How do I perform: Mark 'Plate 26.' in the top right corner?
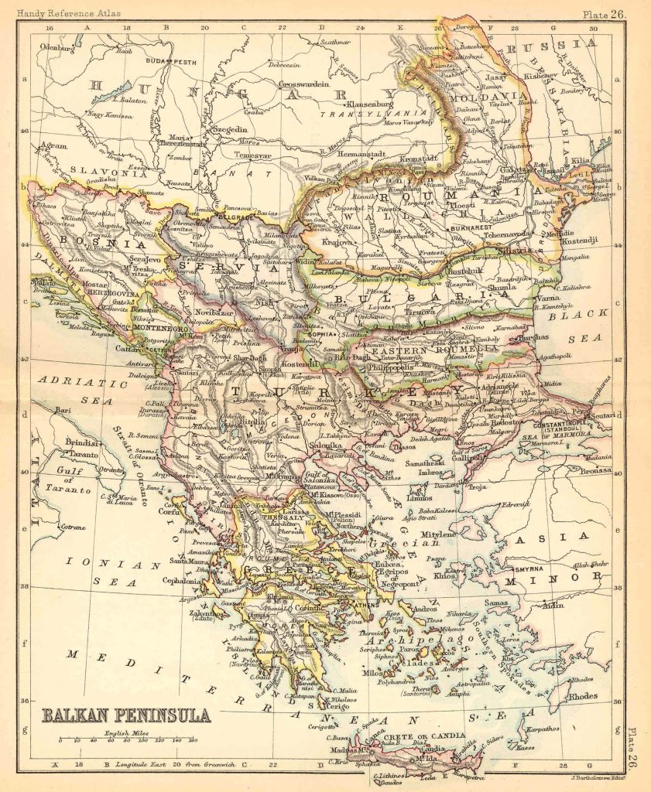[605, 12]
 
